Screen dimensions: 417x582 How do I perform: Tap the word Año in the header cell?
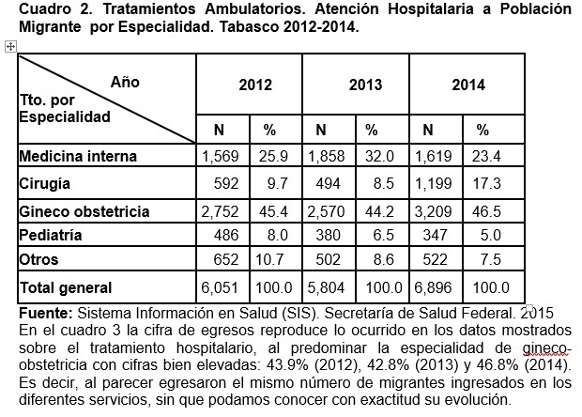[x=125, y=82]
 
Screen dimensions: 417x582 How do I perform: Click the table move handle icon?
[x=10, y=45]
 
